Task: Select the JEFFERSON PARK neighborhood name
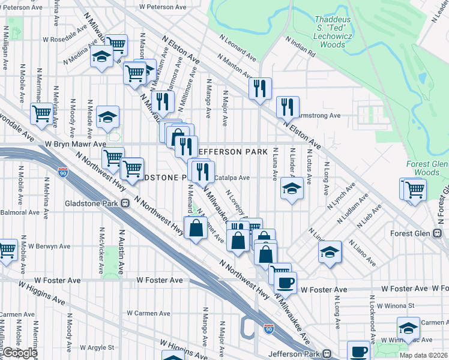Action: pos(231,152)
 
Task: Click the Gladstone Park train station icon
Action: pos(125,203)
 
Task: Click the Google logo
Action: pos(20,353)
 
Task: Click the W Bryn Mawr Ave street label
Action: pos(77,145)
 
